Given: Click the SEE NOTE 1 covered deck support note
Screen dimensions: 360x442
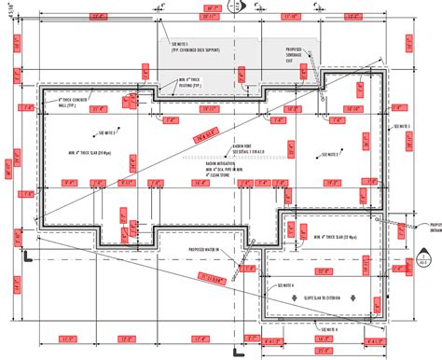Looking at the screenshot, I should point(192,48).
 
